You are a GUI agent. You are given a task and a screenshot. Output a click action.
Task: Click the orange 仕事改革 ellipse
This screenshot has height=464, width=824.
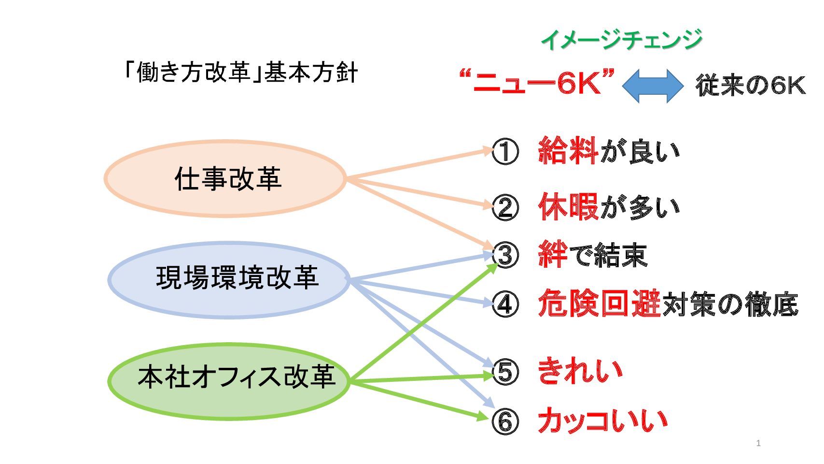coord(225,178)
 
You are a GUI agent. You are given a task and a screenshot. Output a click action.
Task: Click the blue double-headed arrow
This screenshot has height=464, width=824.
coord(653,86)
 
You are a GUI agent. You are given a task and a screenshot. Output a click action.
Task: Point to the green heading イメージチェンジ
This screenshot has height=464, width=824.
coord(622,40)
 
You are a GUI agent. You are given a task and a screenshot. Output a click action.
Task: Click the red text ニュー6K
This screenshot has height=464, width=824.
coord(537,83)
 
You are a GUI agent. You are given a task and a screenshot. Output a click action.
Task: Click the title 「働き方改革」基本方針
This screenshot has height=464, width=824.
coord(240,72)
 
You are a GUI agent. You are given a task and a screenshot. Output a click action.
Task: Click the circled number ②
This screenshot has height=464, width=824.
coord(505,208)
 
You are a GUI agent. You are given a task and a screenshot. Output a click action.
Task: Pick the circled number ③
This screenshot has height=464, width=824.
coord(505,255)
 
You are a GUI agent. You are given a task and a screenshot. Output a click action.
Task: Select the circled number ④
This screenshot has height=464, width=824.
coord(505,304)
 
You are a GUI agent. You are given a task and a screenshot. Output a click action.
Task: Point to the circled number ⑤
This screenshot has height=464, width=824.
coord(505,373)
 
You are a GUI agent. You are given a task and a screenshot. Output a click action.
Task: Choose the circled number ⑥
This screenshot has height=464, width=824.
coord(505,421)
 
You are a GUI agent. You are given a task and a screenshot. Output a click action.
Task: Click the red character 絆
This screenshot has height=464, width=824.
coord(553,254)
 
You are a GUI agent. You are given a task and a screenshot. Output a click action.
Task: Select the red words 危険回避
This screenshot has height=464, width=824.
coord(599,304)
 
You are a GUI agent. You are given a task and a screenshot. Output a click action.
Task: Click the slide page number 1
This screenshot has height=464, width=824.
coord(758,443)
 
